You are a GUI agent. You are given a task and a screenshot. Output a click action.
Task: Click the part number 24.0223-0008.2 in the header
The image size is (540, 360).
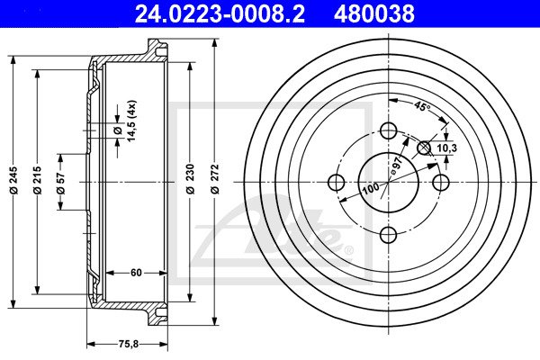[220, 13]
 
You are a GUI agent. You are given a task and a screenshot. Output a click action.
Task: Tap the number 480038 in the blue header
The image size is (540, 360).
[374, 13]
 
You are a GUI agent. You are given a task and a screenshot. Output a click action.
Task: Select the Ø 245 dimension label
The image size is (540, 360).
[13, 181]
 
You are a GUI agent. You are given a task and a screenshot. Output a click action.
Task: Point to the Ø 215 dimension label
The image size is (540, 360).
[37, 180]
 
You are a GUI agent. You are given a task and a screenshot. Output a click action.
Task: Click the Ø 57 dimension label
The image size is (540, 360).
[60, 182]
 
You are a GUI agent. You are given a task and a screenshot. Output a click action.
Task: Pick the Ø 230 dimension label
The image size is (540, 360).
[190, 179]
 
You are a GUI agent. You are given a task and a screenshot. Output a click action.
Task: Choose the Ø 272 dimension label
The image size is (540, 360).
[214, 179]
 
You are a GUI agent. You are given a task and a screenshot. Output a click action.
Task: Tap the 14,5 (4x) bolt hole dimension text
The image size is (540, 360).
[132, 121]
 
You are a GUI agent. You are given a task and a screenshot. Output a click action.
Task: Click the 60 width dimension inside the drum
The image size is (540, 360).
[136, 273]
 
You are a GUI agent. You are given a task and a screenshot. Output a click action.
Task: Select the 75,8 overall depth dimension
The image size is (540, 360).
[128, 344]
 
